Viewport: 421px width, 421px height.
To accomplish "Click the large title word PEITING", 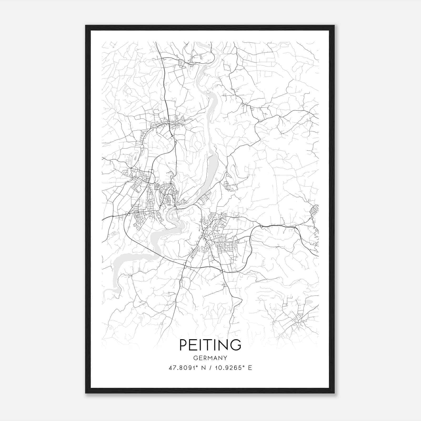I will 210,345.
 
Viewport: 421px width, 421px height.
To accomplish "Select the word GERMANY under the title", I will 210,358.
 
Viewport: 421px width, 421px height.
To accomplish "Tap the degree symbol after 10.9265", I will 242,366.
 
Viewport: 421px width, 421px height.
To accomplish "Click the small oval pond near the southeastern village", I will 309,302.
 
